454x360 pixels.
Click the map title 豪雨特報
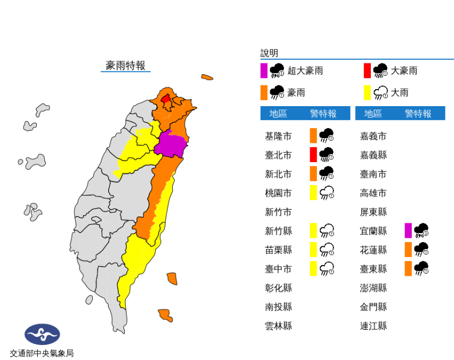[126, 66]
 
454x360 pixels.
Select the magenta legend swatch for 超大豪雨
[264, 70]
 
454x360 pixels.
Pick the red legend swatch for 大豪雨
[367, 70]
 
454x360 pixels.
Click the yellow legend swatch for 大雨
[367, 93]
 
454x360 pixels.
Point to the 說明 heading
[269, 53]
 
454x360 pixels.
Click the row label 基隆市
[278, 137]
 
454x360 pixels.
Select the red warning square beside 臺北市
[313, 155]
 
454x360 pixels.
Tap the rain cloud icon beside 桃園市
[327, 193]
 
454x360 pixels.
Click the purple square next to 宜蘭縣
[408, 231]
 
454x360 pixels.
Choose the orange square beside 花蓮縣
[408, 250]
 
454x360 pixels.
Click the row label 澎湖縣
[374, 288]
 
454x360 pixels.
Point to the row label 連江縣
[374, 326]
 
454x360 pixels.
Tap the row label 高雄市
[374, 193]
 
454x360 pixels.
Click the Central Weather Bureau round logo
[42, 334]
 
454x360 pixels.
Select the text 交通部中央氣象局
[42, 353]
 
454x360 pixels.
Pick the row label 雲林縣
[278, 326]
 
